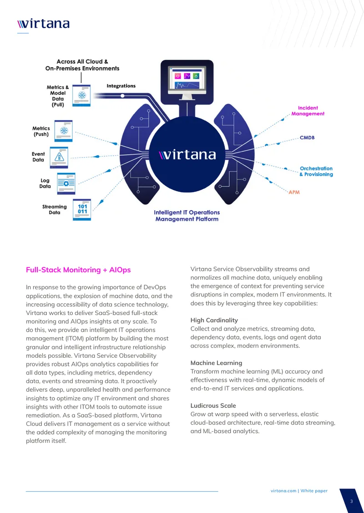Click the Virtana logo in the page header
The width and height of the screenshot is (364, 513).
pos(43,24)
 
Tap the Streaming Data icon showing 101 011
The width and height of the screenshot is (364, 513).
pos(82,209)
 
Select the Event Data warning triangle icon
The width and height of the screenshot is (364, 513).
pos(59,158)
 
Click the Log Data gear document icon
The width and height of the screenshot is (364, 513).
pos(66,183)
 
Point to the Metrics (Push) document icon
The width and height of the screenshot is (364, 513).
pos(64,131)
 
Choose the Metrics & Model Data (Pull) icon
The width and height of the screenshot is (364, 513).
pos(81,95)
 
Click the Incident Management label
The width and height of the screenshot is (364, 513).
pos(308,111)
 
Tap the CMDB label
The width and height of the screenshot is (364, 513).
pos(307,138)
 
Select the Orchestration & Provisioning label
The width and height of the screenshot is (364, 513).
pos(316,172)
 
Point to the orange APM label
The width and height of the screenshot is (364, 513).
pos(294,192)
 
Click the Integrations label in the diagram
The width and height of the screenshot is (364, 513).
pos(121,86)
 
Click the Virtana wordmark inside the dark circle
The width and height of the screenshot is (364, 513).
pos(187,154)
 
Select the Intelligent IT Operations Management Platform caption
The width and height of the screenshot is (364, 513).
pos(187,216)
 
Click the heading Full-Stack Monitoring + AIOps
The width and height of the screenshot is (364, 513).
pos(78,270)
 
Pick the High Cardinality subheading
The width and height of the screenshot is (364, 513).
pos(214,320)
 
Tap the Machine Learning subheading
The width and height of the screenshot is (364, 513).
pos(217,363)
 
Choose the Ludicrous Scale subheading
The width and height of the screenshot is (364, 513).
pos(213,405)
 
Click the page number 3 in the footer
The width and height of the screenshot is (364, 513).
pos(352,502)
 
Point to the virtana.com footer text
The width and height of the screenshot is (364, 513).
pos(283,491)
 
